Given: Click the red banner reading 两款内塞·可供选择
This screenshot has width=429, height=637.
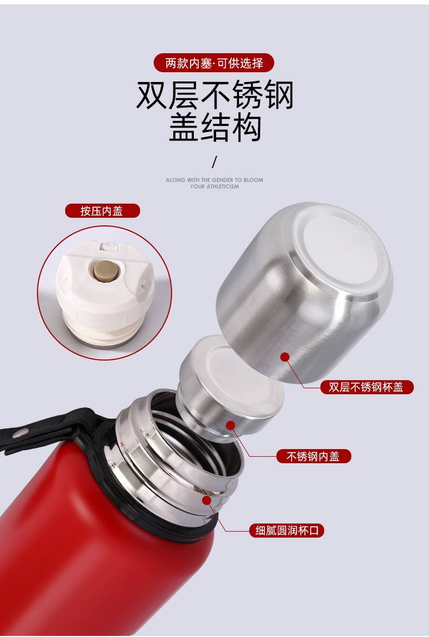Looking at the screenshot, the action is pyautogui.click(x=214, y=63).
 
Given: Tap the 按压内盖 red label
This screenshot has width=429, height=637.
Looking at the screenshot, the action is pyautogui.click(x=103, y=211).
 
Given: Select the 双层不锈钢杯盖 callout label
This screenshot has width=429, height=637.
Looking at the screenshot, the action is pyautogui.click(x=367, y=387).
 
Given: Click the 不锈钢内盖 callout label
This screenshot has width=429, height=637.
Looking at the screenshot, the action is pyautogui.click(x=314, y=456).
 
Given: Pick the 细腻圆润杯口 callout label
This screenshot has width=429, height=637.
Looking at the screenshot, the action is pyautogui.click(x=287, y=530).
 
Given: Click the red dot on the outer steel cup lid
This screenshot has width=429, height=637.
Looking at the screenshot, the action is pyautogui.click(x=285, y=357).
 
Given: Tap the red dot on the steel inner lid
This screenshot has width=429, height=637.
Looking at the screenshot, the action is pyautogui.click(x=230, y=425).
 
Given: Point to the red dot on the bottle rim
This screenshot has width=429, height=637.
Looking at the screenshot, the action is pyautogui.click(x=207, y=500).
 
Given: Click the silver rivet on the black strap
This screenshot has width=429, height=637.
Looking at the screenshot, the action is pyautogui.click(x=19, y=434).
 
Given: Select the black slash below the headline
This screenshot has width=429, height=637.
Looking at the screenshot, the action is pyautogui.click(x=214, y=162).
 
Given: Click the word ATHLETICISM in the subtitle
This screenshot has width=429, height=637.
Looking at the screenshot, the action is pyautogui.click(x=223, y=186).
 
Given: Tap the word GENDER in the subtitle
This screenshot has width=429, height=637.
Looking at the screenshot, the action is pyautogui.click(x=223, y=180).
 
